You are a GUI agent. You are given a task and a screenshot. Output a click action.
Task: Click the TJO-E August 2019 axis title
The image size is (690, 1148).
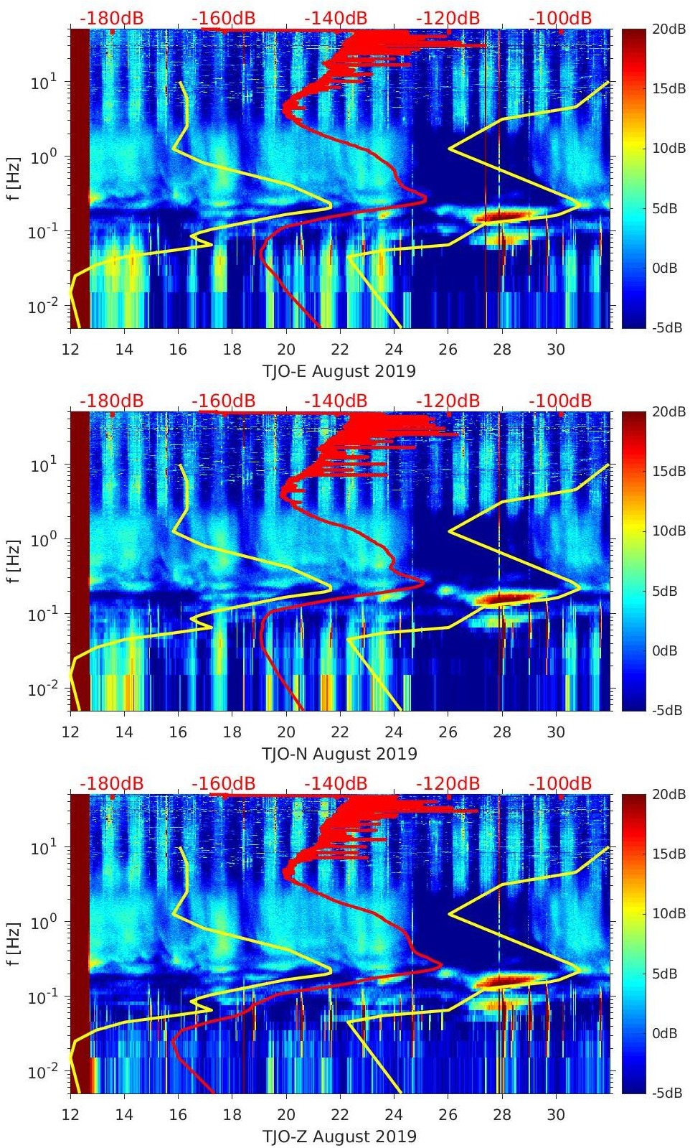(x=339, y=371)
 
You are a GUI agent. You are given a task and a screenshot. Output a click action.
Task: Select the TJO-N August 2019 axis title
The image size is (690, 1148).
(x=339, y=754)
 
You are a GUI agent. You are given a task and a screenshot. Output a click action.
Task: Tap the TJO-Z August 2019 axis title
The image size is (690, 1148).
(x=339, y=1137)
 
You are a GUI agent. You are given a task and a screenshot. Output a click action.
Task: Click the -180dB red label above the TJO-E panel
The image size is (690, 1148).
(x=111, y=18)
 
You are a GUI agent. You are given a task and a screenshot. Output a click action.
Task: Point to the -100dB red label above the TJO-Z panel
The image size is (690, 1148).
(x=560, y=783)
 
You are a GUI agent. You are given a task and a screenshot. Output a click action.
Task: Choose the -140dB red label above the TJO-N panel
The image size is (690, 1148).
(x=336, y=401)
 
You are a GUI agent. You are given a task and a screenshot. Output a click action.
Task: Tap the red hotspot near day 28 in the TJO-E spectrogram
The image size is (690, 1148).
(x=502, y=215)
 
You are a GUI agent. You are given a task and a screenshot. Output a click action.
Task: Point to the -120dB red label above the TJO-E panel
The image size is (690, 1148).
(x=448, y=18)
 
